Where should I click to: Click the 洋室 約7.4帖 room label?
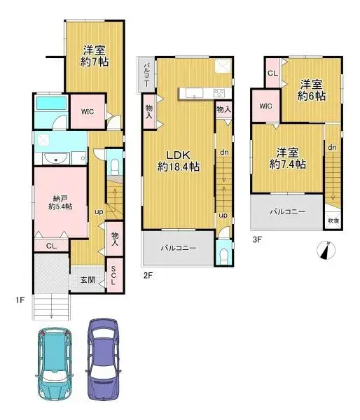click(x=289, y=157)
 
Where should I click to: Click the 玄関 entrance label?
click(x=86, y=280)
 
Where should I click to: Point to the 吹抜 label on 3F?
click(x=333, y=220)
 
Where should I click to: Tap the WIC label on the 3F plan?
click(x=265, y=106)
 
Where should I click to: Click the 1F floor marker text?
click(x=21, y=300)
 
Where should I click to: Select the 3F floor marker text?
click(x=257, y=239)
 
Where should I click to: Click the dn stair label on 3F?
click(x=332, y=148)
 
